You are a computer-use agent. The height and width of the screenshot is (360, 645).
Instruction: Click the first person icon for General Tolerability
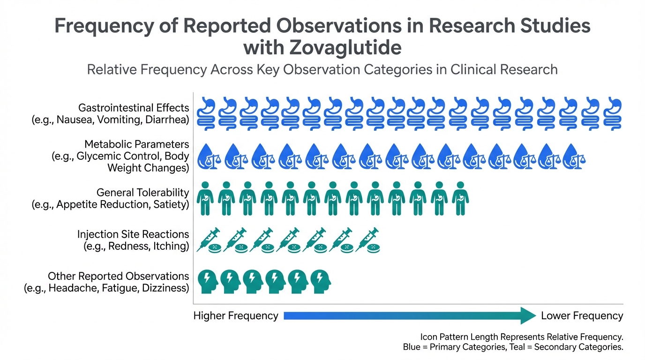205,199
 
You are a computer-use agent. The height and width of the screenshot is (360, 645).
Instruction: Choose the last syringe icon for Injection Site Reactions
368,240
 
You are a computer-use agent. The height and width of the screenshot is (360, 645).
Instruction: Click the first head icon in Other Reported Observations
208,281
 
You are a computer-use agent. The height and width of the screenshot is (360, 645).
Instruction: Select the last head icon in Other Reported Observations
321,281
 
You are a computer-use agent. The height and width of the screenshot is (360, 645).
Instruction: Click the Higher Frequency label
236,316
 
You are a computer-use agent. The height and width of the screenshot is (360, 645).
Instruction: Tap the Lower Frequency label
582,316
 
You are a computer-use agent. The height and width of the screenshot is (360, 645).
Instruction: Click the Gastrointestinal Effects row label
134,109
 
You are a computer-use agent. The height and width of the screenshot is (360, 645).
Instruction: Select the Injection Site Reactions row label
133,234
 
